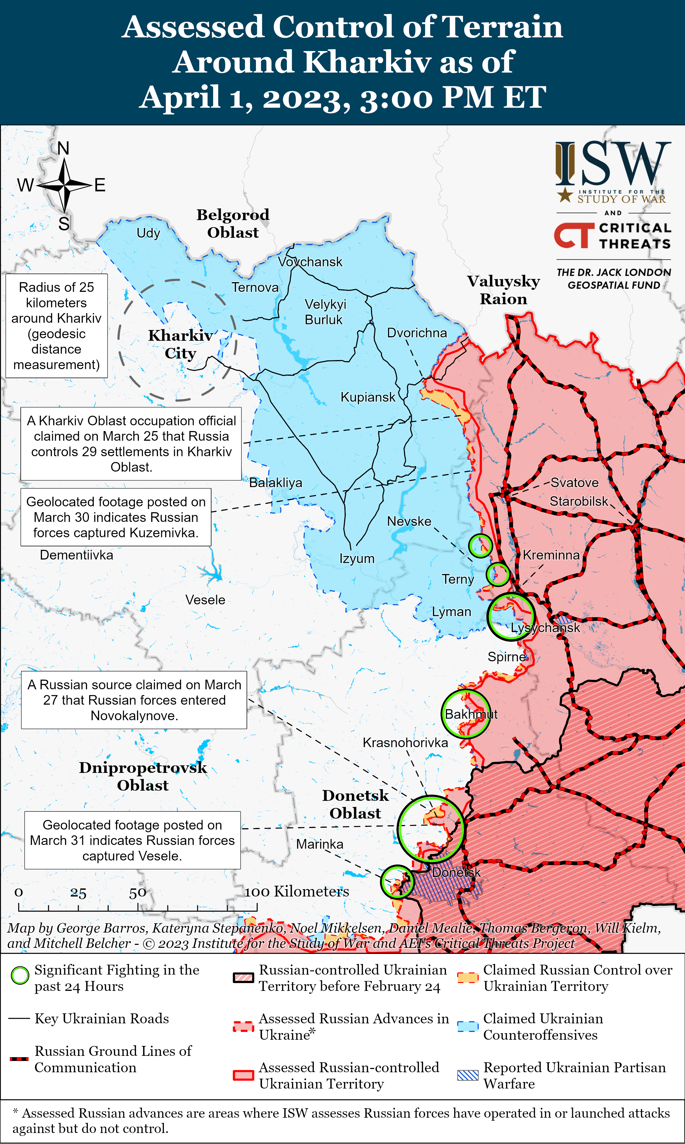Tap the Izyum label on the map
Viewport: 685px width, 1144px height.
357,559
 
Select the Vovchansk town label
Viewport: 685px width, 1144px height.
310,262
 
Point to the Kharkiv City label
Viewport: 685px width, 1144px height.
181,344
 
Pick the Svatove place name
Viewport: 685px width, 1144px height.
574,483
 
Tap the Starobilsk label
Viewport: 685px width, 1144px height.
579,501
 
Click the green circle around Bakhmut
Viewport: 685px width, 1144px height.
466,714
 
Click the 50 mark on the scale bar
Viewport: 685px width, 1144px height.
138,893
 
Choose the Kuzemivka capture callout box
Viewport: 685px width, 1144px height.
116,517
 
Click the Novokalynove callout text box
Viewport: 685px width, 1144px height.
134,700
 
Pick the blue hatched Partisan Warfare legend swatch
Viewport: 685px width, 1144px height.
468,1075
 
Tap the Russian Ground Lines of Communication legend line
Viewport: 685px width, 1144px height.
19,1059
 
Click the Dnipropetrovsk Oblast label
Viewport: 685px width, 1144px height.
143,777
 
